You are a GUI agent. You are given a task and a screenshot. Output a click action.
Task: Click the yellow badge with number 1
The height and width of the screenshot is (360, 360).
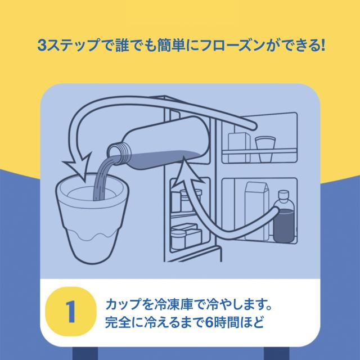pos(71,312)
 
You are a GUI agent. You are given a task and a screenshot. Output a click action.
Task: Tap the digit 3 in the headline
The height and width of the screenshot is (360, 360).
pos(42,45)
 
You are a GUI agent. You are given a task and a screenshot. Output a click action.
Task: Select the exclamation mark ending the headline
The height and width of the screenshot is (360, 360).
pos(323,45)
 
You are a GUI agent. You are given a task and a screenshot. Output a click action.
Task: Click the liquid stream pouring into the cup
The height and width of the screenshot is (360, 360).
pos(103,177)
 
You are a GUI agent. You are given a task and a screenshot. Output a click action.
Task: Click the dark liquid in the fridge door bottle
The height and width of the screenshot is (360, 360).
pos(283,226)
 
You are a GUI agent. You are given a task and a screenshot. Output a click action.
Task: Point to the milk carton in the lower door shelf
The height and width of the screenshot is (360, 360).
pos(256,211)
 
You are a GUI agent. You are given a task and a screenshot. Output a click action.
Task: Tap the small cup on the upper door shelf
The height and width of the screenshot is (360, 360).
pos(265,148)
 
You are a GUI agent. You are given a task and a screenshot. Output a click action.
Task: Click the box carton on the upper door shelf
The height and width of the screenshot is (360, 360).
pos(239,147)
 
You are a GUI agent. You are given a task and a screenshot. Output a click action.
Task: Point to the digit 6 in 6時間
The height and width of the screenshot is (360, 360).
pos(209,322)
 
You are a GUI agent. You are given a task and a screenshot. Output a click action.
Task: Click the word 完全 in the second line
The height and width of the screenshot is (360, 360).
pos(118,322)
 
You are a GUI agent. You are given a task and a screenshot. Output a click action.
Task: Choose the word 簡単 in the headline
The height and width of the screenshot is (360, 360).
pos(170,45)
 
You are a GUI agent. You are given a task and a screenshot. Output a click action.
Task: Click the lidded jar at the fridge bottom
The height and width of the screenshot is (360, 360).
pos(178,238)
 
